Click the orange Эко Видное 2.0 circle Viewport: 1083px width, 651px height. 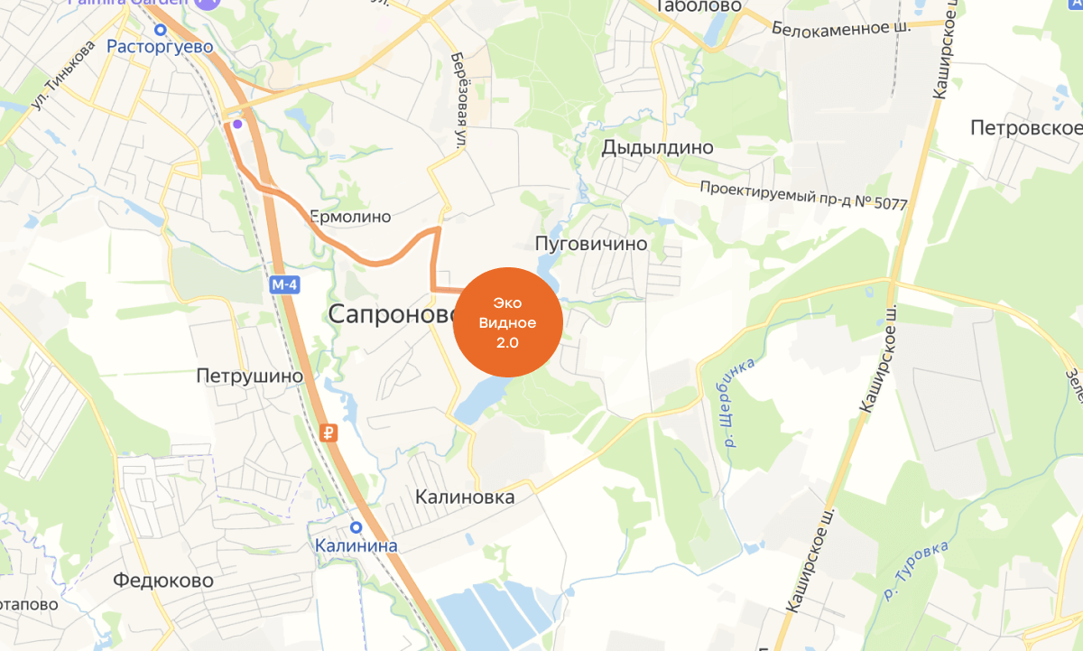pos(507,322)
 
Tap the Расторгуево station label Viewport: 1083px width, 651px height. pos(160,46)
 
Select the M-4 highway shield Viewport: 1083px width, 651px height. pos(285,285)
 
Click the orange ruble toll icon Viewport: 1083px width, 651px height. pos(329,433)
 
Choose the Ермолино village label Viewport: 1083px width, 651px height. pos(350,217)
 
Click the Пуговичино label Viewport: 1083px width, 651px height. pos(591,244)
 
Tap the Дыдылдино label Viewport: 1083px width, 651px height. pos(657,147)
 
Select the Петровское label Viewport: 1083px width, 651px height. pos(1026,128)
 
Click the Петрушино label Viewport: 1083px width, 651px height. pos(249,376)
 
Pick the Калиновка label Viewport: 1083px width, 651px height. pos(465,498)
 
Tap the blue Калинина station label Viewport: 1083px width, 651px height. pos(356,546)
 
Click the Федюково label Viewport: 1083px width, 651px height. pos(163,581)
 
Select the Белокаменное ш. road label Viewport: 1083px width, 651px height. pos(841,28)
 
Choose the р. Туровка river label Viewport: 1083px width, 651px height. pos(918,571)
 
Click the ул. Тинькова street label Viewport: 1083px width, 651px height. pos(63,76)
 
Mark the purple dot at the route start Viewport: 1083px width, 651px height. pos(236,124)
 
